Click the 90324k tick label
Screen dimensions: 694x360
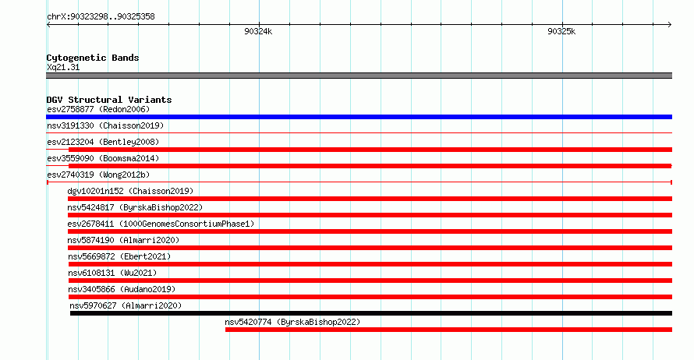point(258,31)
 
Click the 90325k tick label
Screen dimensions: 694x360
point(561,31)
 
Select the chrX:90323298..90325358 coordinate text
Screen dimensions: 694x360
point(101,17)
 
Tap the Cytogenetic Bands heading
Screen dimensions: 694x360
point(93,58)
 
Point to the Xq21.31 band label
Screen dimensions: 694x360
point(63,67)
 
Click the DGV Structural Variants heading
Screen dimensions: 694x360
point(109,100)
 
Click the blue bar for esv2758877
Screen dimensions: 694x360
point(359,117)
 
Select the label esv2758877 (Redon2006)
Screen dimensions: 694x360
point(98,109)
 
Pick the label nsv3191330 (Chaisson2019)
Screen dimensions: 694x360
point(105,125)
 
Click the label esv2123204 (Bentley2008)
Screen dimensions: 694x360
point(103,142)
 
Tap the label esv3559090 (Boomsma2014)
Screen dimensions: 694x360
point(103,158)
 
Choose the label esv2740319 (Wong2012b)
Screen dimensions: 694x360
point(98,175)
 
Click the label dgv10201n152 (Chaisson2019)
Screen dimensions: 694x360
point(130,191)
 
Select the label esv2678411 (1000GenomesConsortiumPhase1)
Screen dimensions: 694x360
point(161,224)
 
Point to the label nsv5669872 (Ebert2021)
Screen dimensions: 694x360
point(119,256)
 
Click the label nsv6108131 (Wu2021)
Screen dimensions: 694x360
point(112,273)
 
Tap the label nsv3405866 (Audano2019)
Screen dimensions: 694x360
point(122,289)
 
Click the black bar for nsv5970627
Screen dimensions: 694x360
point(371,313)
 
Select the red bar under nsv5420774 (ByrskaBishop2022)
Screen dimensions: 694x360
point(449,330)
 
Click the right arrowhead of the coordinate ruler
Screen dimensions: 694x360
point(670,24)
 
